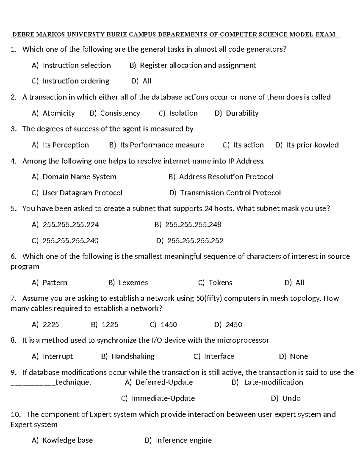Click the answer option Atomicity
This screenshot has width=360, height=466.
tap(58, 113)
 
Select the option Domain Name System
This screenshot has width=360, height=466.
tap(79, 177)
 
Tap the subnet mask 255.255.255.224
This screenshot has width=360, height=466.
tap(71, 224)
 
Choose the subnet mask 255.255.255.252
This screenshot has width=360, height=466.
tap(195, 241)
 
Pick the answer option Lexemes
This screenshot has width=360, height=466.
tap(133, 283)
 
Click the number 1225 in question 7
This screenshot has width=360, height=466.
tap(110, 325)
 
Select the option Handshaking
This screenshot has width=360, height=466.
tap(133, 356)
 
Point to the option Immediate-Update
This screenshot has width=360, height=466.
tap(163, 398)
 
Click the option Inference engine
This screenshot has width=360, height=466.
tap(184, 440)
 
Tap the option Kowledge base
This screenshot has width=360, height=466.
tap(67, 440)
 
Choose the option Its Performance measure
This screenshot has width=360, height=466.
tap(162, 145)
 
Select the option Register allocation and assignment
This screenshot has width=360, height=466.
tap(198, 65)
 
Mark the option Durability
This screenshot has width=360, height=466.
tap(242, 113)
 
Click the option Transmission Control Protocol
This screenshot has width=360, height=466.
tap(230, 193)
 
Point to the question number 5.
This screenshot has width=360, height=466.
tap(13, 209)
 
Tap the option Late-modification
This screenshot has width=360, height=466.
tap(273, 382)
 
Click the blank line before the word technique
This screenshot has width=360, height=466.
tap(33, 384)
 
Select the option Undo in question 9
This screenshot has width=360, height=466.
tap(291, 398)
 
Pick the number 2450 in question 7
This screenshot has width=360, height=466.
tap(234, 325)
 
